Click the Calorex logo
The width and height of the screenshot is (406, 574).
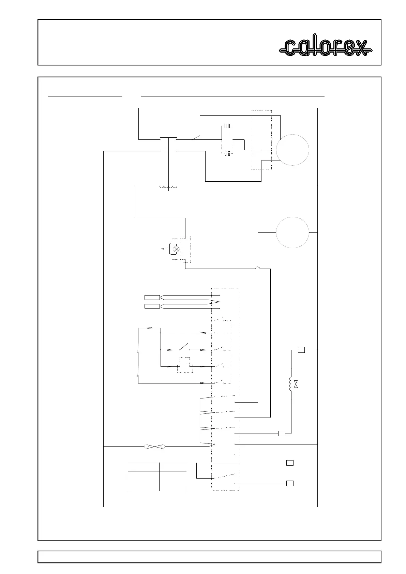click(x=326, y=48)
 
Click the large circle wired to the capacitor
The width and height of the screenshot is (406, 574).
click(x=292, y=150)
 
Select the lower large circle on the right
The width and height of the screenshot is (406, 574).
click(x=292, y=232)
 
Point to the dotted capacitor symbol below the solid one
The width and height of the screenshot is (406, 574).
click(x=227, y=153)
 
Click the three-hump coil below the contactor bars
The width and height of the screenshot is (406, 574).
click(x=168, y=187)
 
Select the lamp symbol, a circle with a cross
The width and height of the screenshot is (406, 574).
click(x=176, y=250)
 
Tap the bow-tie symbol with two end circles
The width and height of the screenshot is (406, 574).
click(x=154, y=446)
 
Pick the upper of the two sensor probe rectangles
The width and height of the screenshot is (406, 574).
click(x=152, y=297)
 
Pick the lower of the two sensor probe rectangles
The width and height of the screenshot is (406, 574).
click(x=152, y=306)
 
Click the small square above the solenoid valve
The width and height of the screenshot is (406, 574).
click(x=301, y=350)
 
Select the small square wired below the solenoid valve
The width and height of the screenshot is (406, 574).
click(x=282, y=434)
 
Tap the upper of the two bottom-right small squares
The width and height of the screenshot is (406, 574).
click(x=290, y=463)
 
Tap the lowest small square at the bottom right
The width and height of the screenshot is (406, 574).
click(x=290, y=483)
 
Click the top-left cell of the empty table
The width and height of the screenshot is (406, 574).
click(x=144, y=467)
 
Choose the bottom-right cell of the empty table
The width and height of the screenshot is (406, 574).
click(x=173, y=486)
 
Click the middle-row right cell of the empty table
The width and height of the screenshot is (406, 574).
click(x=173, y=476)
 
